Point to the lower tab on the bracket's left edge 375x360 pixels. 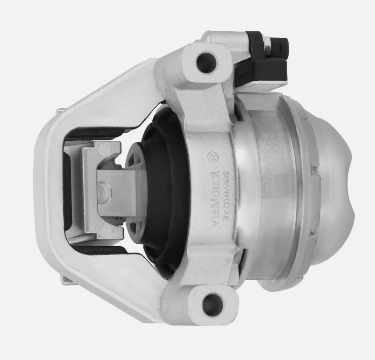65,280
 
